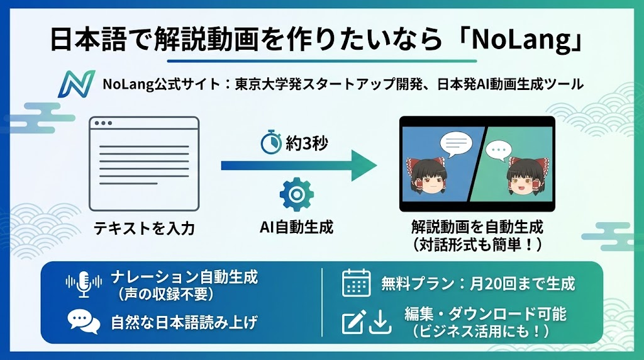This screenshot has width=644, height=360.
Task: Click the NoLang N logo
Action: [x=76, y=84]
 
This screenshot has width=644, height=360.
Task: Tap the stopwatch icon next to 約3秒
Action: [x=271, y=142]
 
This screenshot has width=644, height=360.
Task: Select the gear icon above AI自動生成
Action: [x=296, y=194]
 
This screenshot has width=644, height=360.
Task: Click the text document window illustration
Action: [x=144, y=164]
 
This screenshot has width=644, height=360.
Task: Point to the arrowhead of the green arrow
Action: [x=364, y=166]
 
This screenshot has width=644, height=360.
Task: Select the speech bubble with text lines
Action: [x=455, y=144]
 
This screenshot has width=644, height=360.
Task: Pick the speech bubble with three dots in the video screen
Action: [x=498, y=150]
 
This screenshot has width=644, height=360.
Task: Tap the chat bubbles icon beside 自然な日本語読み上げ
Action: [x=84, y=322]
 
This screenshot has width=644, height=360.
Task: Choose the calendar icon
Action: [x=356, y=283]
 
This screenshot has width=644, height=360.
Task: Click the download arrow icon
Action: [x=380, y=322]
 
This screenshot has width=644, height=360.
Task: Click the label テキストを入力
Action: [x=144, y=228]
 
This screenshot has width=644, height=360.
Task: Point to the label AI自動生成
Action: [x=297, y=227]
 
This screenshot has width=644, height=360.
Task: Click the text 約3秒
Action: [x=307, y=143]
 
